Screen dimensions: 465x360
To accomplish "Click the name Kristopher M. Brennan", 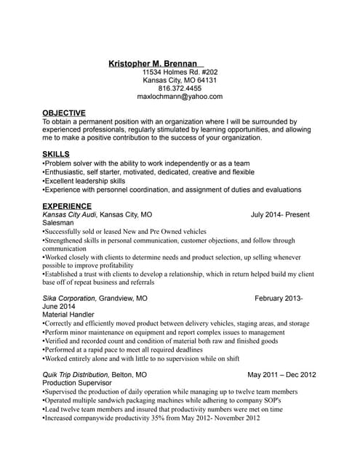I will coord(153,63).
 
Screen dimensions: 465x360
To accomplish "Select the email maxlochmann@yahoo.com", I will coord(180,96).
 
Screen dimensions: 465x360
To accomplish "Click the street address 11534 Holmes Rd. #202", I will coord(180,73).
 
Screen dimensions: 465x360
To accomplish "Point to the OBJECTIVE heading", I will coord(64,113).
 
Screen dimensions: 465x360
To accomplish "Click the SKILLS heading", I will coord(56,154).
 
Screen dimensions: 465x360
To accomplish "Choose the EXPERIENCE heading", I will coord(67,206).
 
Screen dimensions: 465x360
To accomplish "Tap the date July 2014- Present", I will coord(280,215).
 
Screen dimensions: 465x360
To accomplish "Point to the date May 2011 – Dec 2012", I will coord(281,375).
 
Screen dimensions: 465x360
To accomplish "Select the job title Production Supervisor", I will coord(77,383).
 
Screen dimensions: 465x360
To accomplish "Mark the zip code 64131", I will coord(207,80).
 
